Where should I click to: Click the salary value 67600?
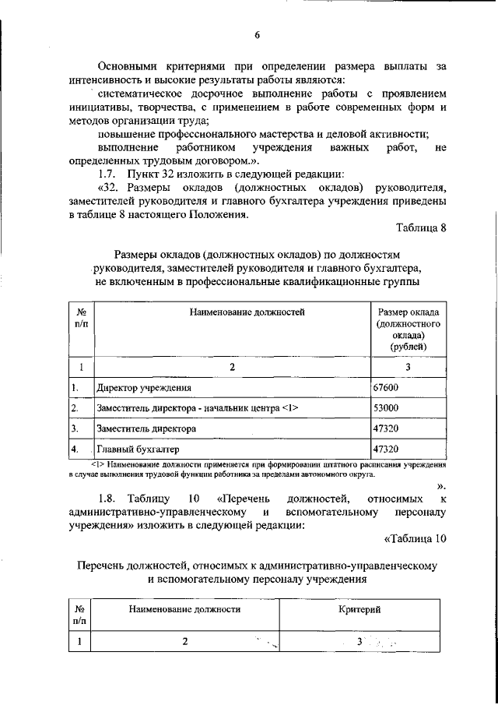(x=387, y=386)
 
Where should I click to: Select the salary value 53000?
(x=387, y=407)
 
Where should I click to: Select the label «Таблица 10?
(x=416, y=538)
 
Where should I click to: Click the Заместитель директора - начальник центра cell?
(x=197, y=408)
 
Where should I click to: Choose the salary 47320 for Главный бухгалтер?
(x=387, y=449)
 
